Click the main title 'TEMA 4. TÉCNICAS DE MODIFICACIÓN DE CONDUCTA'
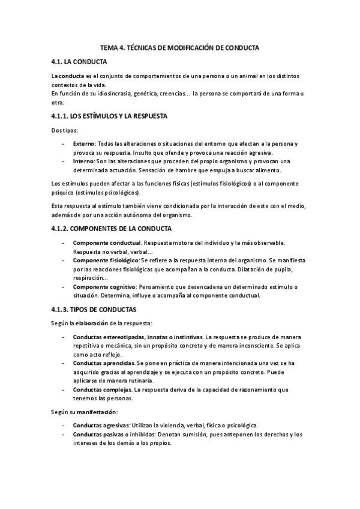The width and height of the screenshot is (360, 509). click(180, 47)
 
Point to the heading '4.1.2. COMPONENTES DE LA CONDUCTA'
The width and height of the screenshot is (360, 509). click(111, 229)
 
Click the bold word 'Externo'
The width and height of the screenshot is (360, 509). click(84, 144)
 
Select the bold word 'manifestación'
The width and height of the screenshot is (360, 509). click(96, 412)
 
